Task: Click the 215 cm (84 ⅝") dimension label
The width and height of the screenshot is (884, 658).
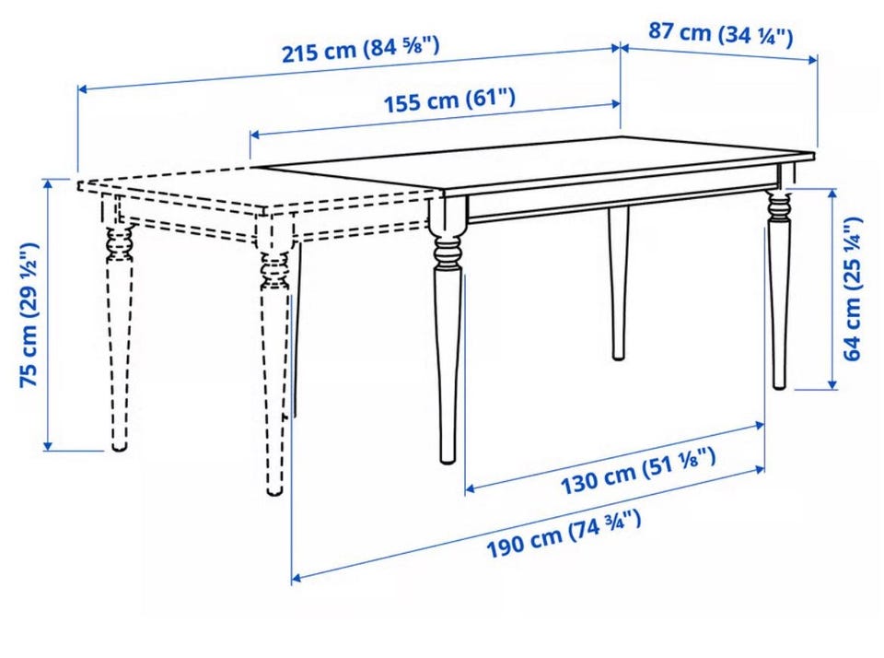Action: pos(360,49)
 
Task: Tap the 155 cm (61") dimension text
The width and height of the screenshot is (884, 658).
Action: pos(449,100)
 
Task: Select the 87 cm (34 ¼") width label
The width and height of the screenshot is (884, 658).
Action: pos(720,34)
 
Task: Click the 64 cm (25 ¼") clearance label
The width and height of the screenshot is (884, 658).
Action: pos(852,288)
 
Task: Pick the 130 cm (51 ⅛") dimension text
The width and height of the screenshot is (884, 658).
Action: pos(638,472)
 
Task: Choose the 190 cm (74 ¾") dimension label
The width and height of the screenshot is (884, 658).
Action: pos(564,534)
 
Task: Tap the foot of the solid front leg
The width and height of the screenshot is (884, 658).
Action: pos(448,457)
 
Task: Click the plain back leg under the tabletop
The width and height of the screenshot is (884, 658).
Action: pos(619,283)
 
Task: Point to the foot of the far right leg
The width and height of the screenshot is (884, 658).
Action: pos(779,383)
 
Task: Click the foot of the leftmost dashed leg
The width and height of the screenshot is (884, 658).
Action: pos(119,445)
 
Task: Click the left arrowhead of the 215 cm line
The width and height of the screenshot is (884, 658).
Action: pos(82,88)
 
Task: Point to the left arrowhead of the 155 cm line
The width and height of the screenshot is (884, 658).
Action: pos(255,135)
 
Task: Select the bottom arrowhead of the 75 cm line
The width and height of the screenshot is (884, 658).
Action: pos(48,446)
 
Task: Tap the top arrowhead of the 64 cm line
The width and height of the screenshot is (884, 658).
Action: pos(832,194)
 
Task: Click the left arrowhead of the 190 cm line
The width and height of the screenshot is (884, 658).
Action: pos(297,578)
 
